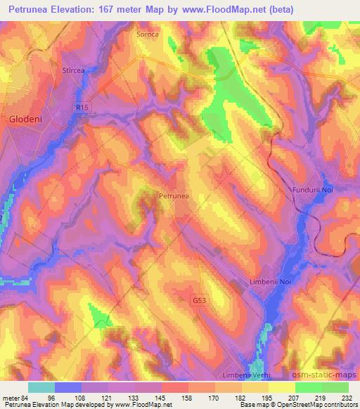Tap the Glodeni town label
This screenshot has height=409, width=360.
point(25,119)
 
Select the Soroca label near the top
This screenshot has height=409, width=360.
point(148,33)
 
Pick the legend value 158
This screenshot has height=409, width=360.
point(187,397)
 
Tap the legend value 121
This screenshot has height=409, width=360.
point(107,397)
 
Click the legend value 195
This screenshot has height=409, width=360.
point(268,397)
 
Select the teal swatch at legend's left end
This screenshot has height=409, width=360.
point(41,387)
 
